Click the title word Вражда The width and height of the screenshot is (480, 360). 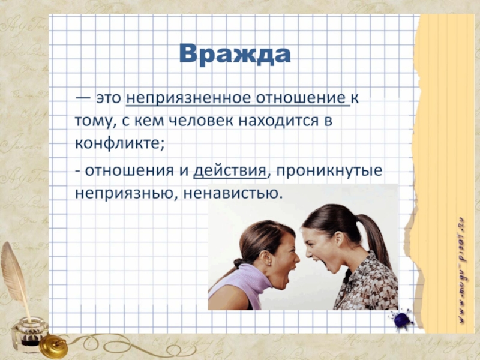pos(235,54)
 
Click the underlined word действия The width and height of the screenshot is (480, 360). pos(230,170)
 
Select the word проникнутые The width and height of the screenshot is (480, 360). pos(329,171)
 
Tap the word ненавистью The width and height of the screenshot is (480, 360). pos(232,193)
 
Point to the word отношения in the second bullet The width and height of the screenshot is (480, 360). pos(129,171)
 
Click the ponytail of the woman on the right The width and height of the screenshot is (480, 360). pos(376,239)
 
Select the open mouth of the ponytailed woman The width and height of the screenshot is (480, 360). pos(324,264)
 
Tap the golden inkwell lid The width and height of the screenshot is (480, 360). pos(53,346)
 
